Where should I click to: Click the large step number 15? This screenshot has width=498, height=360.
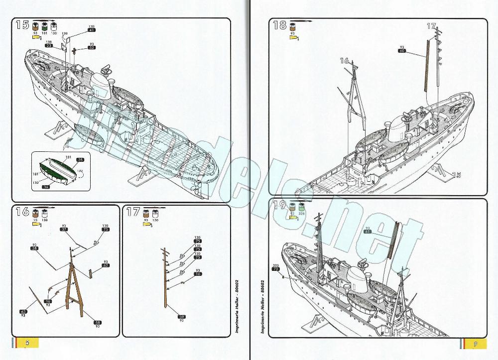pos(22,25)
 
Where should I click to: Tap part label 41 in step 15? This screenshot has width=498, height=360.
pos(92,30)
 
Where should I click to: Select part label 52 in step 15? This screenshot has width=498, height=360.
pos(92,48)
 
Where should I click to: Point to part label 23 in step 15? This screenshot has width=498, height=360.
pos(49,46)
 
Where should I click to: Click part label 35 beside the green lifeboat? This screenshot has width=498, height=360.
pos(80,160)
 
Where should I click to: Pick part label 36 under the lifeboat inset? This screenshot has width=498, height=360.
pos(46,187)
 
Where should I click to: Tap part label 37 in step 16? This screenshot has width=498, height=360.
pos(64,230)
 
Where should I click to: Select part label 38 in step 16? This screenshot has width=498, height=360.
pos(34,248)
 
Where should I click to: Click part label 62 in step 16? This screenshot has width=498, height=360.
pos(106,265)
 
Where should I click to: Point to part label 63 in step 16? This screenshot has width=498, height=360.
pos(23,312)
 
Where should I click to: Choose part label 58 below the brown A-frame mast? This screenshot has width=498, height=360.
pos(98,323)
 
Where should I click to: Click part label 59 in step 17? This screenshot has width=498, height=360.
pos(182,316)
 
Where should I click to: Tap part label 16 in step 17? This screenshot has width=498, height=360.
pos(198,274)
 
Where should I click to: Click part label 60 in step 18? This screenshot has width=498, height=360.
pos(402,51)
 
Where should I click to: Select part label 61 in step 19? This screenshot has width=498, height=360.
pos(368,232)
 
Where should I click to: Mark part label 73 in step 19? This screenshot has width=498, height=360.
pos(276,269)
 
